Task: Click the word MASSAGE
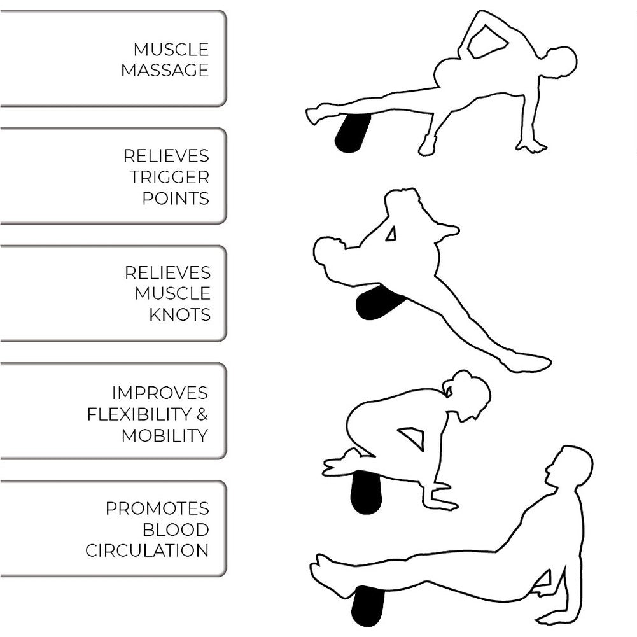[165, 70]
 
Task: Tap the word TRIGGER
[170, 177]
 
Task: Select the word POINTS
[176, 198]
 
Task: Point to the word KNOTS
[180, 314]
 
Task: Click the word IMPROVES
[160, 393]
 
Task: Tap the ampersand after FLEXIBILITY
[202, 414]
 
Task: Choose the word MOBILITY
[165, 435]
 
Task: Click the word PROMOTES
[157, 508]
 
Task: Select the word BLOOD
[176, 529]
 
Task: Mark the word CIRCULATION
[147, 550]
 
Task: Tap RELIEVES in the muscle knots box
[167, 272]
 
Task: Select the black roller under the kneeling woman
[366, 492]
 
